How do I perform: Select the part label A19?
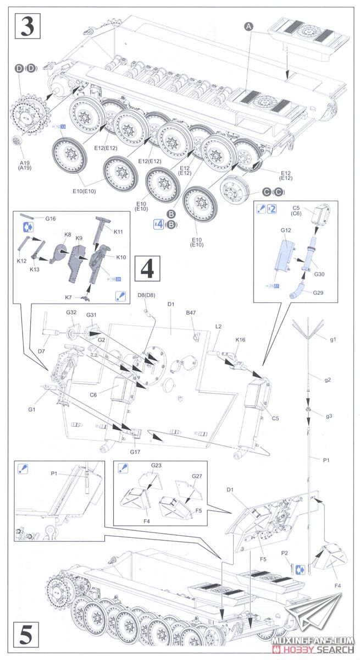[24, 163]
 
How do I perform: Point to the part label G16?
[51, 218]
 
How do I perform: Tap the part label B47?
[191, 312]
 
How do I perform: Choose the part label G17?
[136, 452]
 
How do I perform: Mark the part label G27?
[197, 476]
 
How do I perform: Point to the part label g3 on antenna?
[329, 416]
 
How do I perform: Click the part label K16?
[240, 340]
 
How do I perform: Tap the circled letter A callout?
[248, 26]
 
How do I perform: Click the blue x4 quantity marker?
[158, 223]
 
